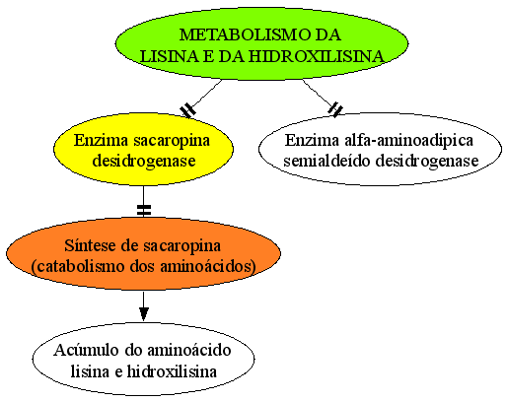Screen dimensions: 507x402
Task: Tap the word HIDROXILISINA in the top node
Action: pos(316,56)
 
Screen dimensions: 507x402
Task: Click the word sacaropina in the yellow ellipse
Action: pos(172,141)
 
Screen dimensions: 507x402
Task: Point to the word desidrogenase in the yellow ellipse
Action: pos(144,161)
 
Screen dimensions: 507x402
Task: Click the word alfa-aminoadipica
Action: pos(408,140)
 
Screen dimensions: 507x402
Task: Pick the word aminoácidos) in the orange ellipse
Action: pos(208,266)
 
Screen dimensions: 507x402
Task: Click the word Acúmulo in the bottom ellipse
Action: pos(86,350)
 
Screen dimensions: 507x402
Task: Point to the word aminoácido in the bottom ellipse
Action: pos(188,350)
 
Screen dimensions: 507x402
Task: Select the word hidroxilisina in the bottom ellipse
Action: pos(172,371)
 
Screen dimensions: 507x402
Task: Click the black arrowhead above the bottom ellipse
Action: pos(144,313)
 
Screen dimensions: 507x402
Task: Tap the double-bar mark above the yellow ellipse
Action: pos(188,110)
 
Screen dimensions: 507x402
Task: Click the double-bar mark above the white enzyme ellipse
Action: pos(335,109)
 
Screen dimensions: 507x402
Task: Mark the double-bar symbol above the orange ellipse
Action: pos(144,210)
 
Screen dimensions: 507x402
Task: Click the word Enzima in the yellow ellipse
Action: pos(101,141)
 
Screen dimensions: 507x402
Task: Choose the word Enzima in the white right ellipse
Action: pos(312,140)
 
